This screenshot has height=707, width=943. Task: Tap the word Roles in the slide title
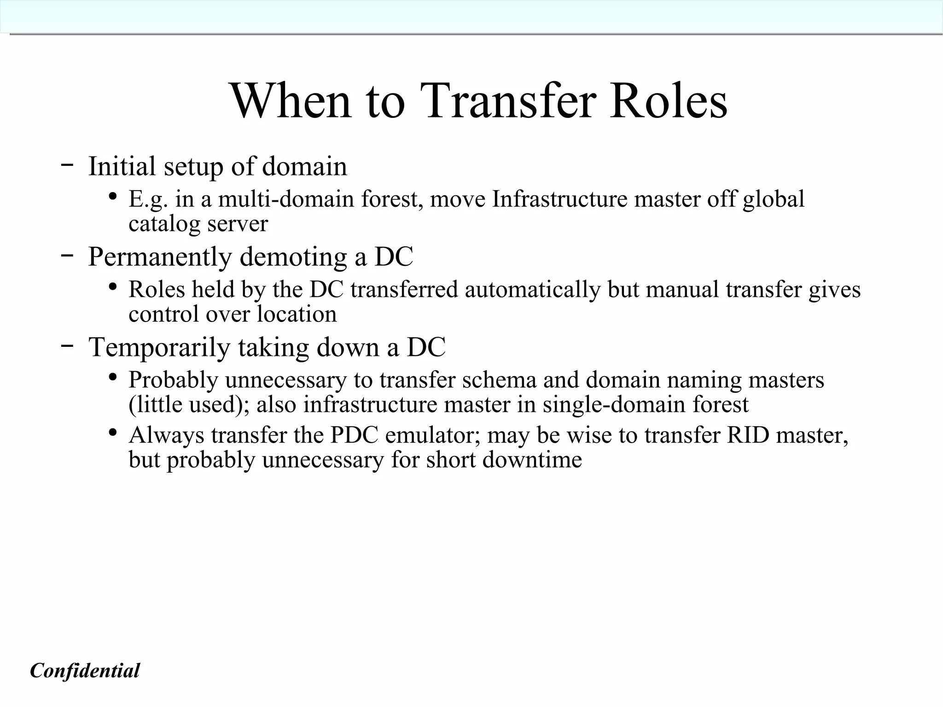[669, 100]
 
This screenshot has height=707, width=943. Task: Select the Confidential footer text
[85, 671]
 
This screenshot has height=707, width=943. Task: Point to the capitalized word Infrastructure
[559, 199]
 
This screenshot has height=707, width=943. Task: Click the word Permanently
[159, 257]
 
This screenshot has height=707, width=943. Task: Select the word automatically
[532, 290]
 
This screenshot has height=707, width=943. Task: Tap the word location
[297, 314]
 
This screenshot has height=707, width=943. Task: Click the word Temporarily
[159, 347]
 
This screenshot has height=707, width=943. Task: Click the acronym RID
[748, 435]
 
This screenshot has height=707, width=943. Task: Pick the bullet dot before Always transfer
[112, 432]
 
